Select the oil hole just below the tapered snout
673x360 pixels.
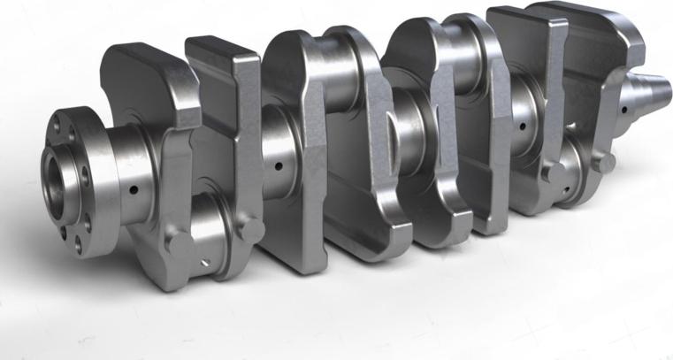click(624, 111)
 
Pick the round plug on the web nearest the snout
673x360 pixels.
click(604, 161)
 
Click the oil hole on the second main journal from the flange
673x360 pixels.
click(279, 165)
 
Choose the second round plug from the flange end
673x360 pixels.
click(252, 229)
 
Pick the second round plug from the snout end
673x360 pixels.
click(554, 170)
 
